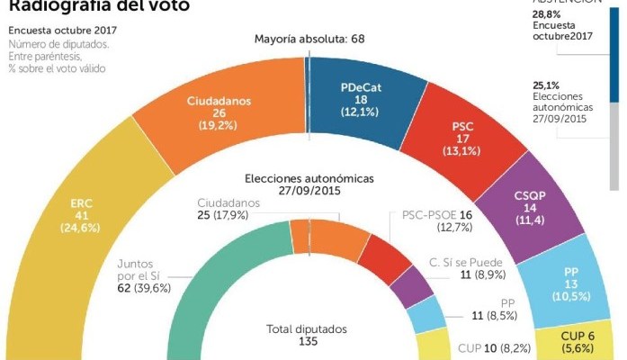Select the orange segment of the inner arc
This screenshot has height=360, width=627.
click(x=328, y=236)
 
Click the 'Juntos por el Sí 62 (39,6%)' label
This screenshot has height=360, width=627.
click(x=148, y=274)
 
